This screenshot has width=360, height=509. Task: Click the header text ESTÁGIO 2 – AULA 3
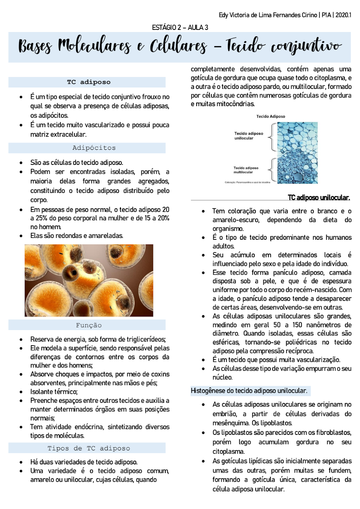pos(180,27)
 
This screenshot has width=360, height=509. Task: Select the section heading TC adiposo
pos(89,82)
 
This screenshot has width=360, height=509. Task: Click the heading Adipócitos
pos(94,148)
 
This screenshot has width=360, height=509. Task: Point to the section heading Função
pos(89,325)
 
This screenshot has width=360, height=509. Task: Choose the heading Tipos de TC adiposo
pos(89,448)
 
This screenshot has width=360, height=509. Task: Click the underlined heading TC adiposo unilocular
pos(319,197)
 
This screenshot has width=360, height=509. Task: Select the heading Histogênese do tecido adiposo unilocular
pos(249,391)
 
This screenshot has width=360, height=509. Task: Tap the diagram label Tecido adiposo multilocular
pos(246,170)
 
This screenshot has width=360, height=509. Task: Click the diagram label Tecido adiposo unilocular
pos(249,136)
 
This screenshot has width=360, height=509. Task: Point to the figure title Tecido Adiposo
pos(271,116)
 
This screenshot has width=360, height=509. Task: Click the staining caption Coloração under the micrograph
pos(247,183)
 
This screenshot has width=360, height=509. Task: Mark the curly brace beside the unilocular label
pos(273,137)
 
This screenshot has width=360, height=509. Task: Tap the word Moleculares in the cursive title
pos(94,46)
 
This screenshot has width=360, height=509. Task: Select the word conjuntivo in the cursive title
pos(306,46)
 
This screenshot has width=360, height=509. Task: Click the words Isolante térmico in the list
pos(54,392)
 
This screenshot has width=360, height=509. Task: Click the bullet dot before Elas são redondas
pos(21,236)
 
